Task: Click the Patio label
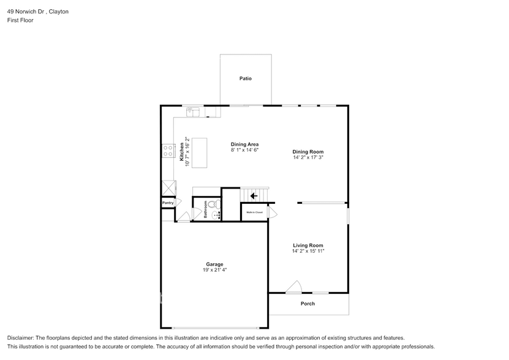coord(245,78)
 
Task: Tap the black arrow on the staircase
coord(254,196)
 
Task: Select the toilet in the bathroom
coord(213,204)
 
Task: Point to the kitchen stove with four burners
coord(167,151)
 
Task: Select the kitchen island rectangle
coord(200,152)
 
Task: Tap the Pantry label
coord(168,203)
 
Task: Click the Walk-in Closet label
coord(254,212)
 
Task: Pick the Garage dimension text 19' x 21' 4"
coord(214,270)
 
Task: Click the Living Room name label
coord(307,245)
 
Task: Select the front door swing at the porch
coord(295,287)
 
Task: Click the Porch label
coord(307,304)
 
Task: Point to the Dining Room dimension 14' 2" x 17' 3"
coord(307,158)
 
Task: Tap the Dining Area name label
coord(244,144)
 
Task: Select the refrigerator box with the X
coord(168,187)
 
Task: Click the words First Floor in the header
coord(20,20)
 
